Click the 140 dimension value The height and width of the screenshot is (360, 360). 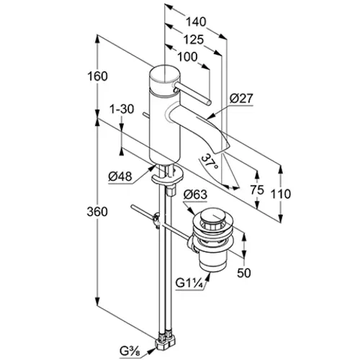[x=197, y=22]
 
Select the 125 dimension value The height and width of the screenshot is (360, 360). [x=194, y=40]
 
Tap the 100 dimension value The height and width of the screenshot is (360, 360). [x=187, y=57]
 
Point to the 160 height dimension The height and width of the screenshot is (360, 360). [x=97, y=76]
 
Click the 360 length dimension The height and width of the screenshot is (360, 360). [x=97, y=212]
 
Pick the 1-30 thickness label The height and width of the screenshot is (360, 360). [x=122, y=109]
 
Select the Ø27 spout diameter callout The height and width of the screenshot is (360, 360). [x=241, y=99]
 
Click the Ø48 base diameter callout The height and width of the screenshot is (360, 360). [x=120, y=177]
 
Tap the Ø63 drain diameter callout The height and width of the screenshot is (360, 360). [x=195, y=194]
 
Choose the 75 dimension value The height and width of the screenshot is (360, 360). [x=257, y=190]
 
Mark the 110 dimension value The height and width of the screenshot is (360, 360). [x=281, y=194]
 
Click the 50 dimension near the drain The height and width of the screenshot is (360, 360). [x=244, y=273]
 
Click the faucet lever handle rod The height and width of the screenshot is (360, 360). [x=192, y=93]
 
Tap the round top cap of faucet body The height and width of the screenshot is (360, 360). [x=164, y=74]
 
